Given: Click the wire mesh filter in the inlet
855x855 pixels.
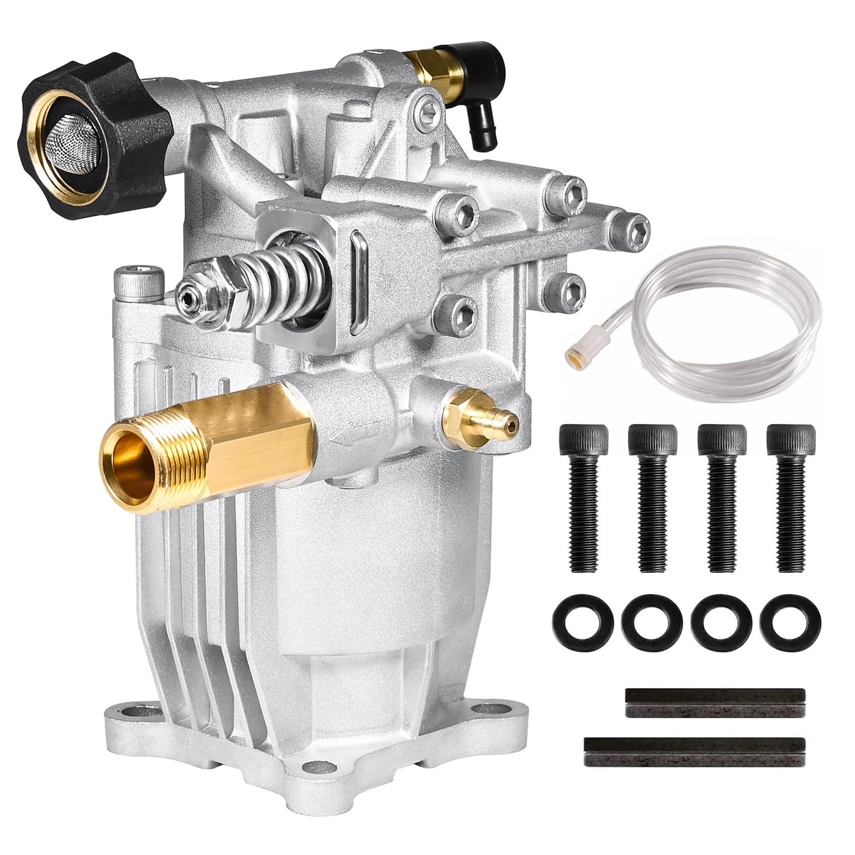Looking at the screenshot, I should (x=69, y=133).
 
